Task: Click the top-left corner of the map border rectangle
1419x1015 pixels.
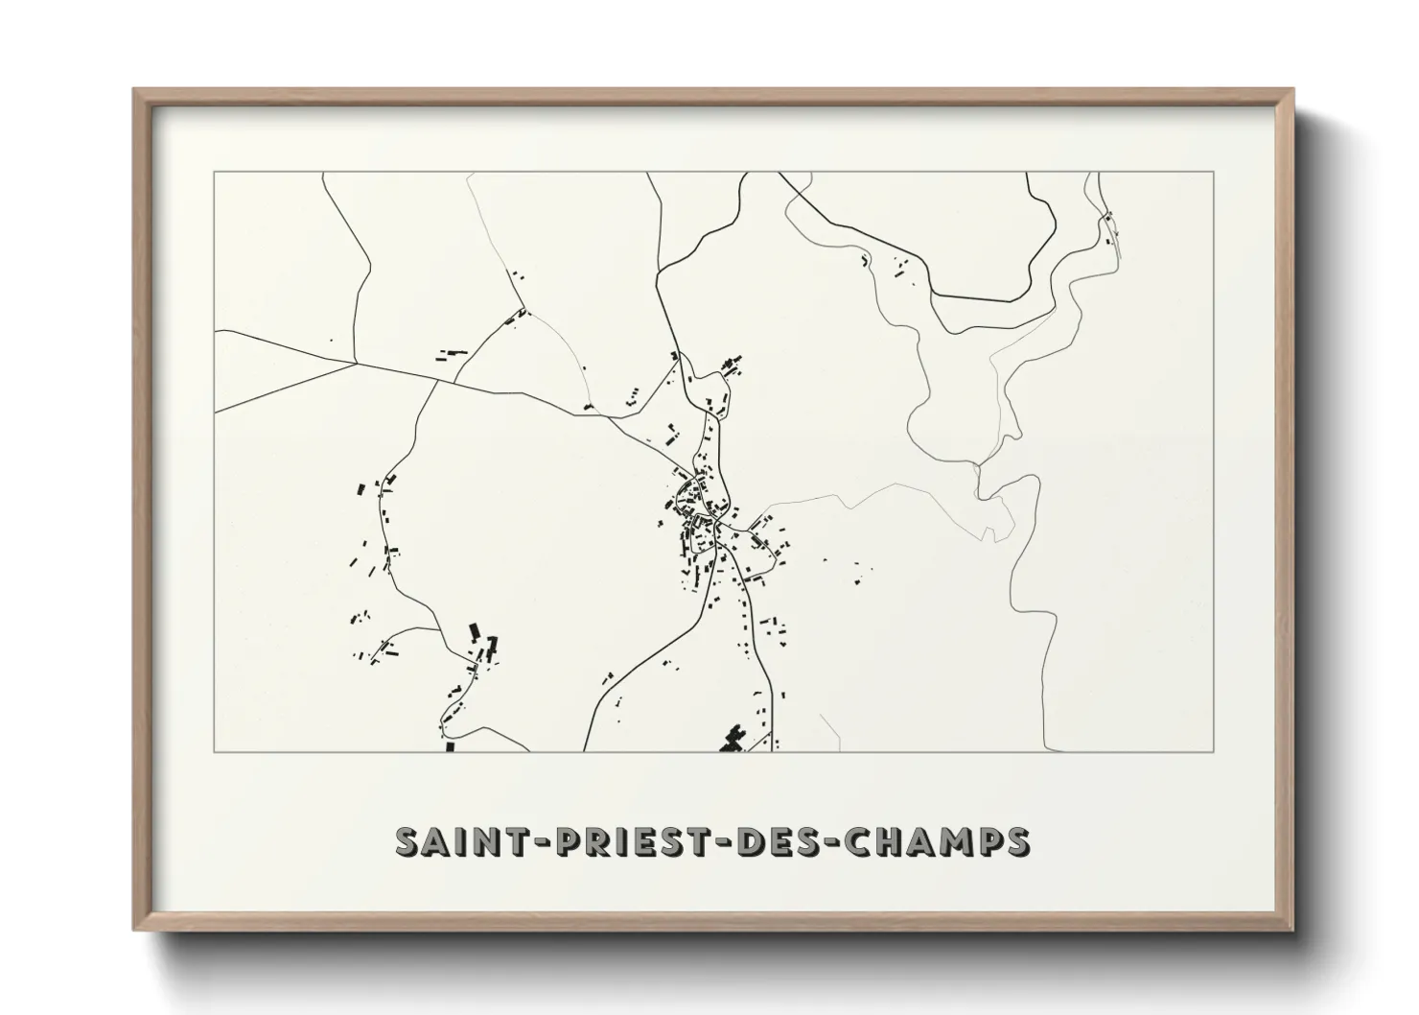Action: pyautogui.click(x=214, y=172)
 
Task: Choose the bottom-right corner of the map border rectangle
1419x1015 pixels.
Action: pyautogui.click(x=1214, y=751)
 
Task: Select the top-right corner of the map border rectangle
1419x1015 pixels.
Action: pyautogui.click(x=1214, y=172)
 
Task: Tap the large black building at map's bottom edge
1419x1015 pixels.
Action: pyautogui.click(x=733, y=739)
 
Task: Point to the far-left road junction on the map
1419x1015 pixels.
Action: pyautogui.click(x=357, y=363)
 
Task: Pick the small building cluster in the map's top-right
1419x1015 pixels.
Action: pyautogui.click(x=1110, y=228)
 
